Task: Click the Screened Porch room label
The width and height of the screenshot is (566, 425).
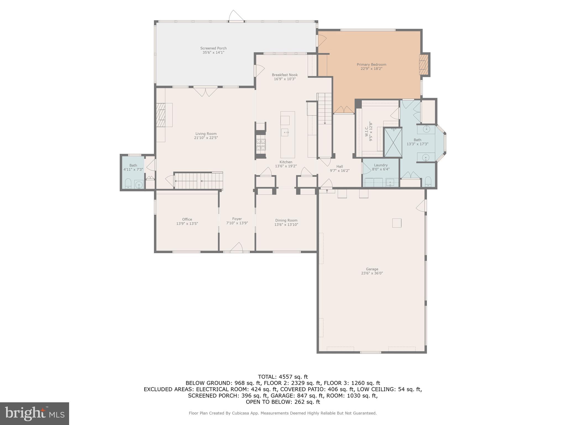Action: (x=213, y=48)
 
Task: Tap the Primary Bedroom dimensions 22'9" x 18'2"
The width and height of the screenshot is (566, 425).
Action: (x=371, y=69)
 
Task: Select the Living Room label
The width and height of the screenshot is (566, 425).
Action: (x=206, y=134)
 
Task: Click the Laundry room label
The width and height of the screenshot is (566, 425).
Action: (x=381, y=165)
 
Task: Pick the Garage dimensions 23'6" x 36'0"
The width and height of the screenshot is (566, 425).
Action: (x=372, y=273)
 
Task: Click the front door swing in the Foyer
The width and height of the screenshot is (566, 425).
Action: (x=237, y=247)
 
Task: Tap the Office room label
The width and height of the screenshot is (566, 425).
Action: (x=187, y=219)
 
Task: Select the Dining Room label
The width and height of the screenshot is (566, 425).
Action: (x=286, y=221)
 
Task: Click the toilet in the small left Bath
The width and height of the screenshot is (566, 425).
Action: (x=128, y=183)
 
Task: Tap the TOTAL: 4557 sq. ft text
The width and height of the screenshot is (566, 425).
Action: (x=283, y=377)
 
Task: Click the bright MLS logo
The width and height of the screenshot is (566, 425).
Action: (x=34, y=413)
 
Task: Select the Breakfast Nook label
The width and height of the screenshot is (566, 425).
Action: (x=285, y=75)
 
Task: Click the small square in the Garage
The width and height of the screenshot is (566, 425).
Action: (x=397, y=223)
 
